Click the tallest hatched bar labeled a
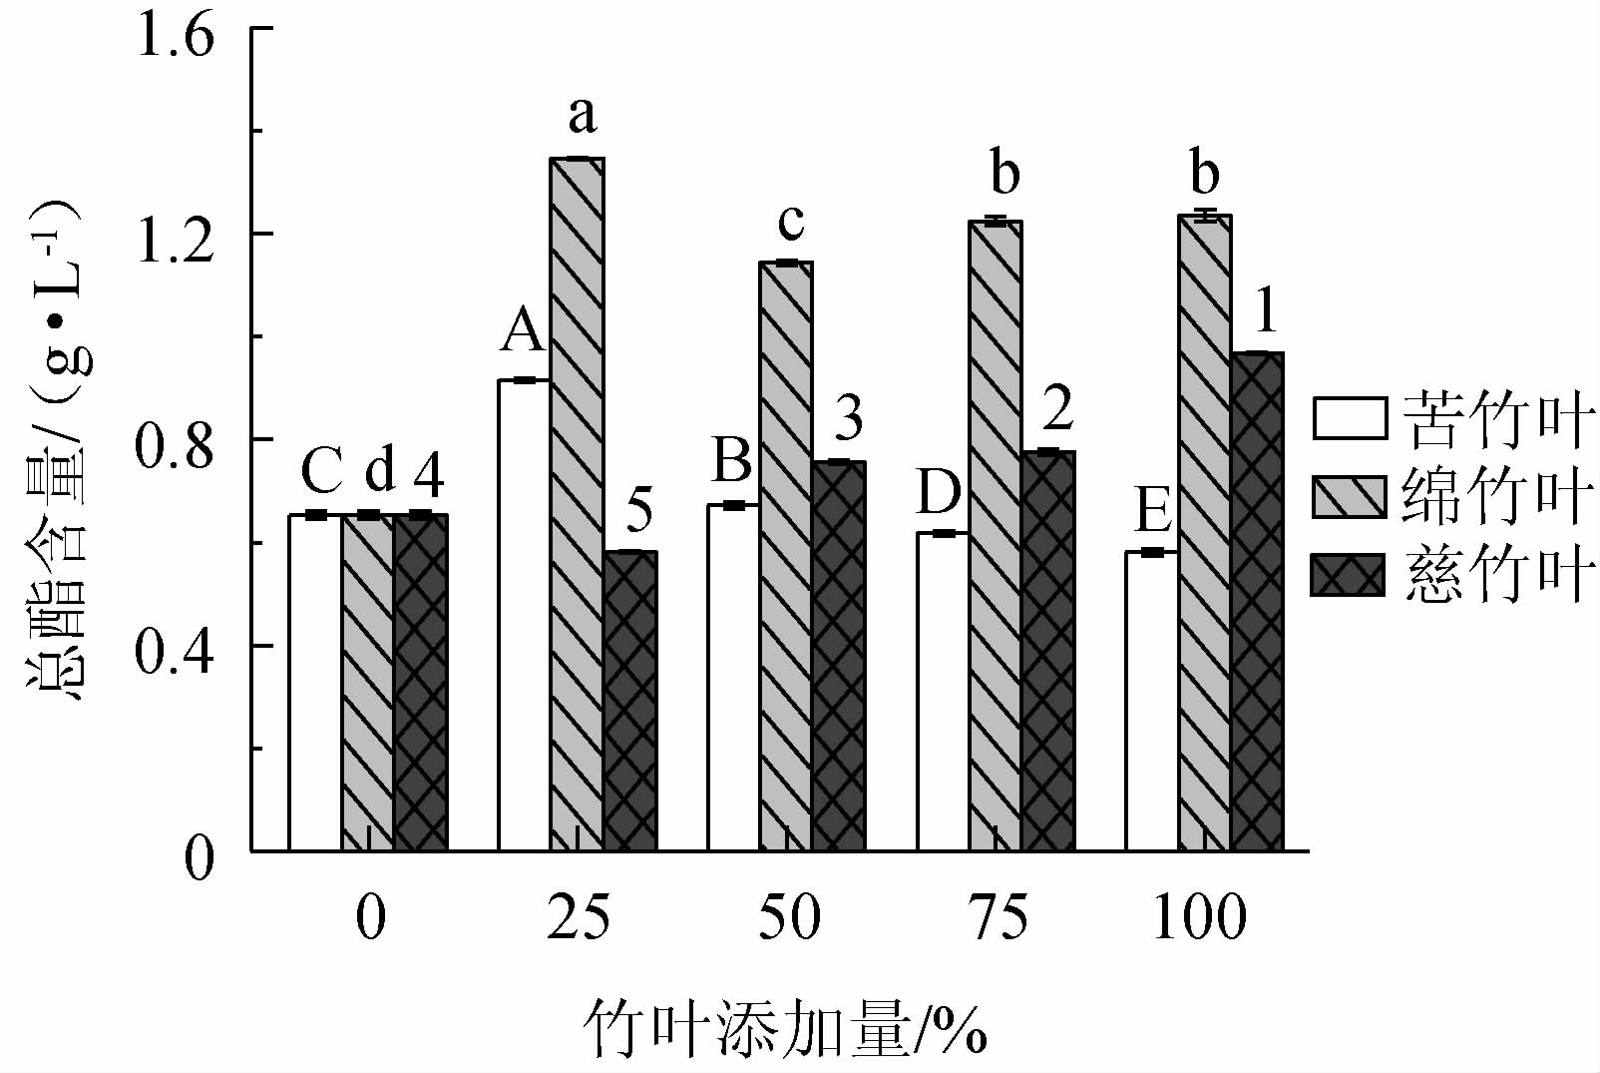577,504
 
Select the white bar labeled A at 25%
524,615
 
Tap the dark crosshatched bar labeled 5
629,701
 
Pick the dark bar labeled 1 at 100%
1257,602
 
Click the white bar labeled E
1152,701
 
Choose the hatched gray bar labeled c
786,556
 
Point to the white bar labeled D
943,692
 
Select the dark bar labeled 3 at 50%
839,656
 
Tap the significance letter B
733,462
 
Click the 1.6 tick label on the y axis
176,39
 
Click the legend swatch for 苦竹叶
1350,418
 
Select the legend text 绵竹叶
1493,497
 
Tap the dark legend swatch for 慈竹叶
1350,575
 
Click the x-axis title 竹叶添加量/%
785,1028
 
